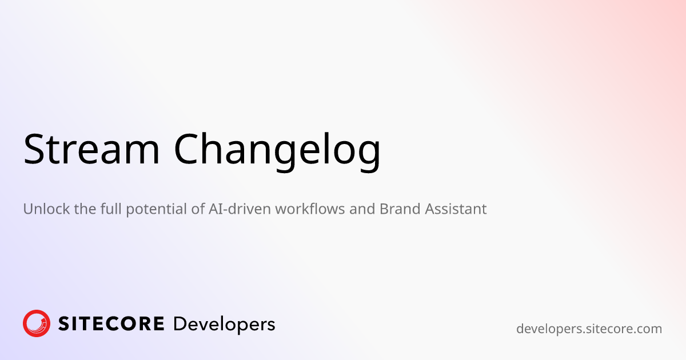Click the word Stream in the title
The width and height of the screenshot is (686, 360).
(91, 149)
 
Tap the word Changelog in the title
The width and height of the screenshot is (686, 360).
(277, 152)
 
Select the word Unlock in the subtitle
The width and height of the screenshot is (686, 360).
(46, 209)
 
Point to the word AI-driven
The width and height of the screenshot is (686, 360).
(240, 209)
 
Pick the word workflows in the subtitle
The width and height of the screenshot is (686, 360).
(310, 209)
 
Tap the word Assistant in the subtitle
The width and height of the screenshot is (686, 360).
(456, 209)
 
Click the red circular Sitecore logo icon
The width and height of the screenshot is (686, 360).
(37, 323)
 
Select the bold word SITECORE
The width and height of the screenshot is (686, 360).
(111, 324)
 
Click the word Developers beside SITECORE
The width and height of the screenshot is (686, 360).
(224, 325)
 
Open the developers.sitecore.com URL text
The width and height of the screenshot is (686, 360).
(589, 329)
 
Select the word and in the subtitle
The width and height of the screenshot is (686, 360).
(362, 209)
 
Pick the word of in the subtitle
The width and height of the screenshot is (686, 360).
(198, 209)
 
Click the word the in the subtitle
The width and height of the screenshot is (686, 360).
(85, 209)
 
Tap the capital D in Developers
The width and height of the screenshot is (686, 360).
(180, 324)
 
